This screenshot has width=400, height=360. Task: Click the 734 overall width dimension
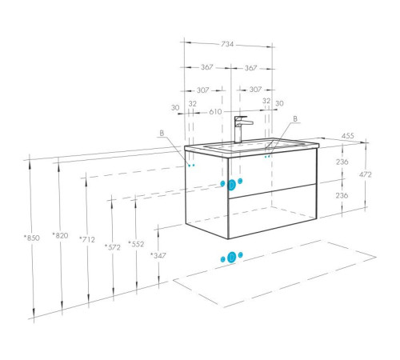[227, 44]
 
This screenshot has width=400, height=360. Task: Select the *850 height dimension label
[32, 238]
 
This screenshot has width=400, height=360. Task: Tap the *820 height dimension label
[60, 235]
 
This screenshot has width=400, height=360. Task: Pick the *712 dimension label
[87, 239]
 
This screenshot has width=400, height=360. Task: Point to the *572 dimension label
[113, 247]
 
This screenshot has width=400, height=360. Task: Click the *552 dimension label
[136, 244]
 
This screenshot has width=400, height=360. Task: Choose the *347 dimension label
[158, 255]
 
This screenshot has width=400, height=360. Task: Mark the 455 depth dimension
[348, 136]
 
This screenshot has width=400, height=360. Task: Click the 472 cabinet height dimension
[365, 174]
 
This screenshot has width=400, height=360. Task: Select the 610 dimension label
[215, 112]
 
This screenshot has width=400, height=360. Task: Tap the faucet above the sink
[242, 129]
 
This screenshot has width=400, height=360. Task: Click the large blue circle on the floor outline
[231, 257]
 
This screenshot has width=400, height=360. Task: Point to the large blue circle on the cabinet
[231, 185]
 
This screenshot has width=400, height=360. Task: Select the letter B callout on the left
[162, 133]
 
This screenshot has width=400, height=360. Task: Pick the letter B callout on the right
[295, 119]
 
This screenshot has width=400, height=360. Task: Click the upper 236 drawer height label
[342, 162]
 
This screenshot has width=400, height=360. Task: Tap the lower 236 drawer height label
[342, 195]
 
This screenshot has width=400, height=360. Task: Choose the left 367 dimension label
[207, 67]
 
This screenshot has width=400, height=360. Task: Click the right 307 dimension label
[255, 90]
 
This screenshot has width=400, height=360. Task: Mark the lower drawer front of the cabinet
[273, 211]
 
